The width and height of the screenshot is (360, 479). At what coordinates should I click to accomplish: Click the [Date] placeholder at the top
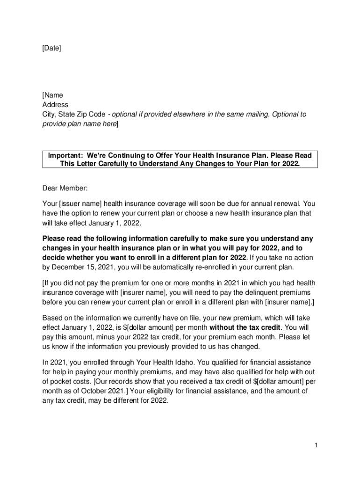[51, 48]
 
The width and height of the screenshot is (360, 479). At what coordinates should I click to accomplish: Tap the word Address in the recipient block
[55, 105]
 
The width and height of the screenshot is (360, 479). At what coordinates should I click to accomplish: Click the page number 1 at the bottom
[316, 446]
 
